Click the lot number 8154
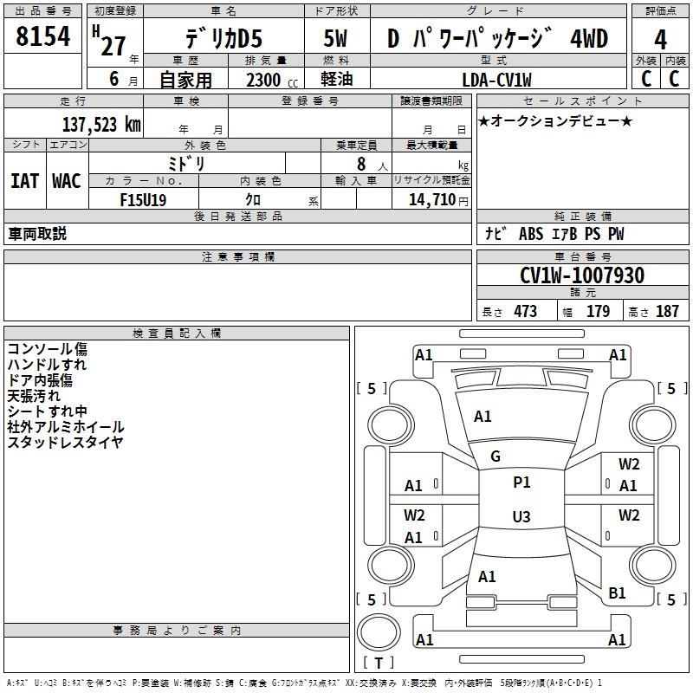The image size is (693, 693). pyautogui.click(x=42, y=36)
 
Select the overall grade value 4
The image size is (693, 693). pyautogui.click(x=660, y=40)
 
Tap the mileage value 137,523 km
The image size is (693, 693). pyautogui.click(x=101, y=125)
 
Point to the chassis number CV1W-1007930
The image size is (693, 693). pyautogui.click(x=582, y=275)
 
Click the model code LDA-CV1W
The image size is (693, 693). pyautogui.click(x=496, y=80)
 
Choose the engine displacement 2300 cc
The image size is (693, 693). pyautogui.click(x=272, y=81)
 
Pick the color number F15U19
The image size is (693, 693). pyautogui.click(x=143, y=200)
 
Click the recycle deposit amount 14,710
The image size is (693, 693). pyautogui.click(x=432, y=199)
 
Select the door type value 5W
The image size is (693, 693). pyautogui.click(x=335, y=38)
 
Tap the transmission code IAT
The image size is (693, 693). pyautogui.click(x=25, y=181)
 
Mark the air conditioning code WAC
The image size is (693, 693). pyautogui.click(x=67, y=181)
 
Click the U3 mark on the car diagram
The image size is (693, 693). pyautogui.click(x=521, y=516)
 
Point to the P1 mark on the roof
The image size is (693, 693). pyautogui.click(x=521, y=482)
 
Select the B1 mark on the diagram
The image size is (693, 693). pyautogui.click(x=617, y=593)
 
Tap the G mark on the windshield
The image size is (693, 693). pyautogui.click(x=495, y=456)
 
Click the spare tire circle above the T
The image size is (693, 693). pyautogui.click(x=379, y=631)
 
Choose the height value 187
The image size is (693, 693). pyautogui.click(x=667, y=311)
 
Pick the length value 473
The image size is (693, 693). pyautogui.click(x=526, y=311)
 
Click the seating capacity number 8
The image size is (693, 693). pyautogui.click(x=361, y=164)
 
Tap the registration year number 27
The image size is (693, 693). pyautogui.click(x=113, y=46)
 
